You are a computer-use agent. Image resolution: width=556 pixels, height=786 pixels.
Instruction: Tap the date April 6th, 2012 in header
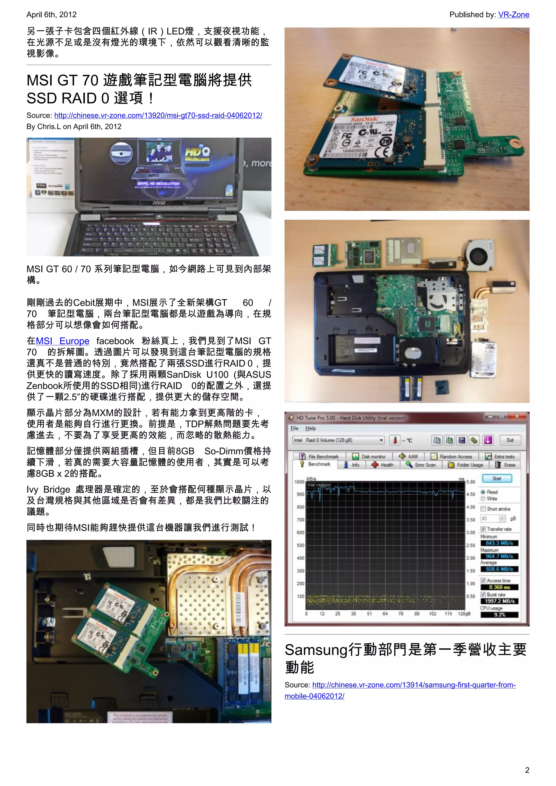(51, 15)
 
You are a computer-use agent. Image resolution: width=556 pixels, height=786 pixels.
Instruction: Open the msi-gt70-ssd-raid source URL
(158, 115)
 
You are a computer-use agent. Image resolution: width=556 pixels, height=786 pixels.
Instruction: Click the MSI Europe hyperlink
(63, 341)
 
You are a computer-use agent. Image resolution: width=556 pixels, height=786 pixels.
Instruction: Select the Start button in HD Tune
(497, 478)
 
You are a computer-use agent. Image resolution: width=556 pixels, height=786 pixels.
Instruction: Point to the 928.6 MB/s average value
(499, 569)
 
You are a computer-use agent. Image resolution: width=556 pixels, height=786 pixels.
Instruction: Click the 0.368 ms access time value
(499, 587)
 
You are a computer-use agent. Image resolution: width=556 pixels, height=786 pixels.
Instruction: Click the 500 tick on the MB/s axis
(300, 545)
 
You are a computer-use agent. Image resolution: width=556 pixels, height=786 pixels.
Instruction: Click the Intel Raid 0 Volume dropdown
(338, 440)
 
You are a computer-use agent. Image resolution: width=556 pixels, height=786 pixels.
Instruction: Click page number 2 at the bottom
(527, 770)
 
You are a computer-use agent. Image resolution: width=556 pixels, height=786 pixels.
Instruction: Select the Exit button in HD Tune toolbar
(510, 440)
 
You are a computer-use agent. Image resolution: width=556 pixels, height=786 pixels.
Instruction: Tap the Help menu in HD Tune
(311, 428)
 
